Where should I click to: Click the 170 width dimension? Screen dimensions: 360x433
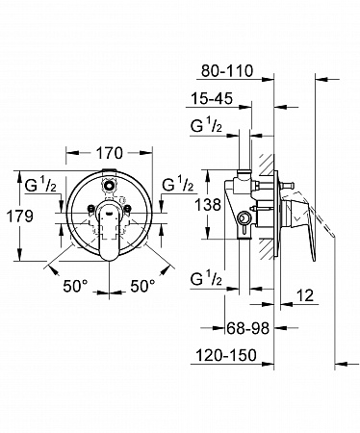(110, 153)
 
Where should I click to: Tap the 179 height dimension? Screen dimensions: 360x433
(20, 216)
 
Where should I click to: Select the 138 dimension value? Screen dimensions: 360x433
(208, 204)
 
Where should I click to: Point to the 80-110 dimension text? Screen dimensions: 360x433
(227, 71)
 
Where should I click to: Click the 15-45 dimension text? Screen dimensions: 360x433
(212, 98)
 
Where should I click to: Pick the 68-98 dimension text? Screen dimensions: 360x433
(247, 328)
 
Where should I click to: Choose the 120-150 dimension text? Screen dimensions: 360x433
(226, 355)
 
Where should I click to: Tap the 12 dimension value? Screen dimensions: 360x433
(304, 295)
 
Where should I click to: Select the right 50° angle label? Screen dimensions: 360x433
(142, 286)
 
